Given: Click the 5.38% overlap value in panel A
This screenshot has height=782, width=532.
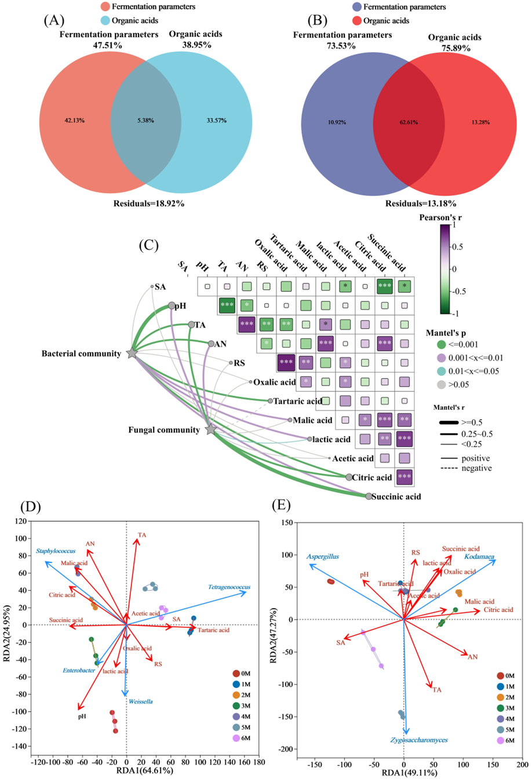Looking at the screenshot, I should (145, 121).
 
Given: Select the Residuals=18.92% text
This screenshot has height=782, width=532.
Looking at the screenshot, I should (149, 203).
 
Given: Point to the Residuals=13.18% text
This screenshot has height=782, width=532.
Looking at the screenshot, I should (421, 203).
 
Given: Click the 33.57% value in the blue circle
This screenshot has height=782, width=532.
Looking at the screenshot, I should (217, 121).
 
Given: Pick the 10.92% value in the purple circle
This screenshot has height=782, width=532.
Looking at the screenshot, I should (336, 123).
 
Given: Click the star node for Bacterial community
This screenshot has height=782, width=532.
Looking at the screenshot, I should (132, 353).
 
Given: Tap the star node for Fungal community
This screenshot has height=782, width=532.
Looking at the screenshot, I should (211, 430).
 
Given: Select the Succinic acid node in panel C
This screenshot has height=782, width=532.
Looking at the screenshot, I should (369, 496).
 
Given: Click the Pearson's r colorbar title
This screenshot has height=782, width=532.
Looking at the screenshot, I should (440, 217).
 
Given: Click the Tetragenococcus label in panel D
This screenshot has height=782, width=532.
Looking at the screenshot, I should (229, 588).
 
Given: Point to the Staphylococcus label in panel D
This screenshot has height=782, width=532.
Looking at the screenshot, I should (56, 551).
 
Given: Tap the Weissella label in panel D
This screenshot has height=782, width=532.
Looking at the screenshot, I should (141, 701).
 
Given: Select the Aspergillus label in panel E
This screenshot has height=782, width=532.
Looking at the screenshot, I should (323, 557).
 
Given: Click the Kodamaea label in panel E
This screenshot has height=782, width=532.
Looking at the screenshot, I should (479, 557).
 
